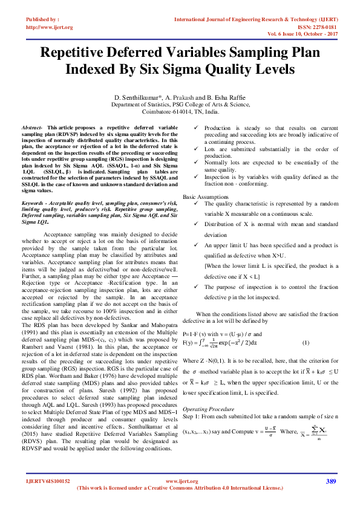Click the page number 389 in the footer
pyautogui.click(x=330, y=482)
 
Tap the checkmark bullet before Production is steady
pyautogui.click(x=195, y=128)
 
